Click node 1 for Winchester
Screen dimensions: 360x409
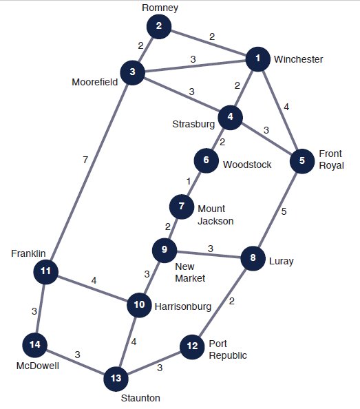[x=258, y=59]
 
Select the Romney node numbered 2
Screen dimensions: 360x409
[x=159, y=27]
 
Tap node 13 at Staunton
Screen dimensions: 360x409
[x=116, y=379]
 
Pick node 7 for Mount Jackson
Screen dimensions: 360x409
[x=182, y=207]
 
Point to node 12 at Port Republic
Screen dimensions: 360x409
[x=192, y=347]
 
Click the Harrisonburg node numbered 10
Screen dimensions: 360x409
[x=139, y=305]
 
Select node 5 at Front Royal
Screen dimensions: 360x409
[x=302, y=161]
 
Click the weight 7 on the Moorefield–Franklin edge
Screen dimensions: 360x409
[x=85, y=160]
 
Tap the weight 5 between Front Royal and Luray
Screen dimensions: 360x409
[x=284, y=211]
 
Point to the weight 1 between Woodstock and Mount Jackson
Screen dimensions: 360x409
[x=189, y=181]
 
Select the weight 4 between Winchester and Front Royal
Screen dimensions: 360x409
[x=286, y=107]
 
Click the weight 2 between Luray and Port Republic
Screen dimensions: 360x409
[x=232, y=302]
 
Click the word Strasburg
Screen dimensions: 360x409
[x=193, y=124]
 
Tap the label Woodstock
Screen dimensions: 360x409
[x=247, y=165]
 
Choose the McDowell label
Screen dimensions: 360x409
[x=38, y=366]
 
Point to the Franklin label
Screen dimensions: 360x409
[x=28, y=253]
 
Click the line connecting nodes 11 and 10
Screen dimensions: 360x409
[x=92, y=289]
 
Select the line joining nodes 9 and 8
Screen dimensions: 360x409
[x=209, y=254]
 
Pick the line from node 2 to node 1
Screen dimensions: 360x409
[x=209, y=43]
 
